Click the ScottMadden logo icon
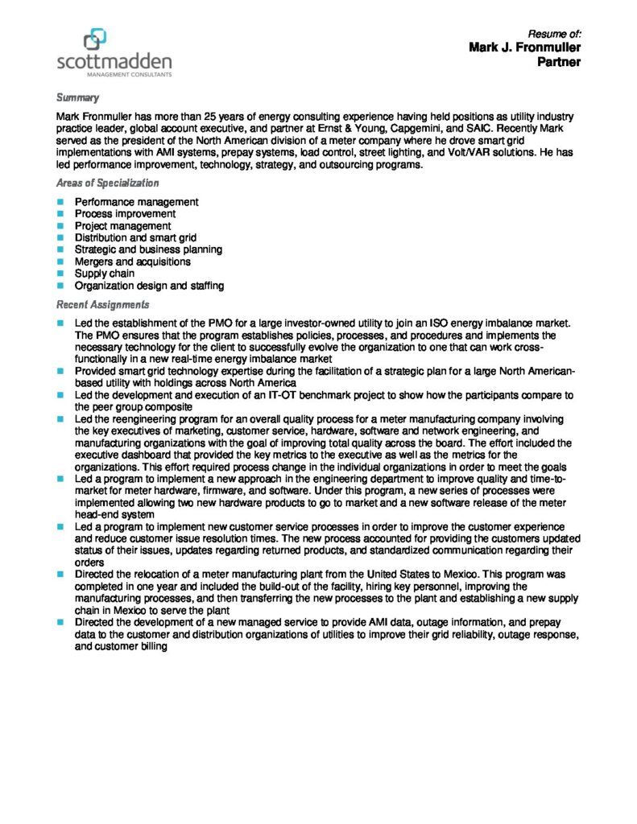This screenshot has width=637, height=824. click(x=95, y=38)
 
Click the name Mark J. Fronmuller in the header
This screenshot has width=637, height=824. click(x=524, y=48)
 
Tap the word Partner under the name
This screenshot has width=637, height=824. click(x=559, y=62)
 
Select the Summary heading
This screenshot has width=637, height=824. click(x=77, y=98)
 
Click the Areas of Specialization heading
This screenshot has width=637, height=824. click(x=107, y=183)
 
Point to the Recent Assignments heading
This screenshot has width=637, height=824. click(x=102, y=305)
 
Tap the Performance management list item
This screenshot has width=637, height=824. click(x=136, y=202)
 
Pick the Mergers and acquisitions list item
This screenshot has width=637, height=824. click(x=132, y=262)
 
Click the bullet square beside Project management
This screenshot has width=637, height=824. click(x=60, y=226)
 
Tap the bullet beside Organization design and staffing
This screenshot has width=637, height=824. click(x=60, y=286)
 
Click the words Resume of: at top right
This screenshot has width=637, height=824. click(x=554, y=34)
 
